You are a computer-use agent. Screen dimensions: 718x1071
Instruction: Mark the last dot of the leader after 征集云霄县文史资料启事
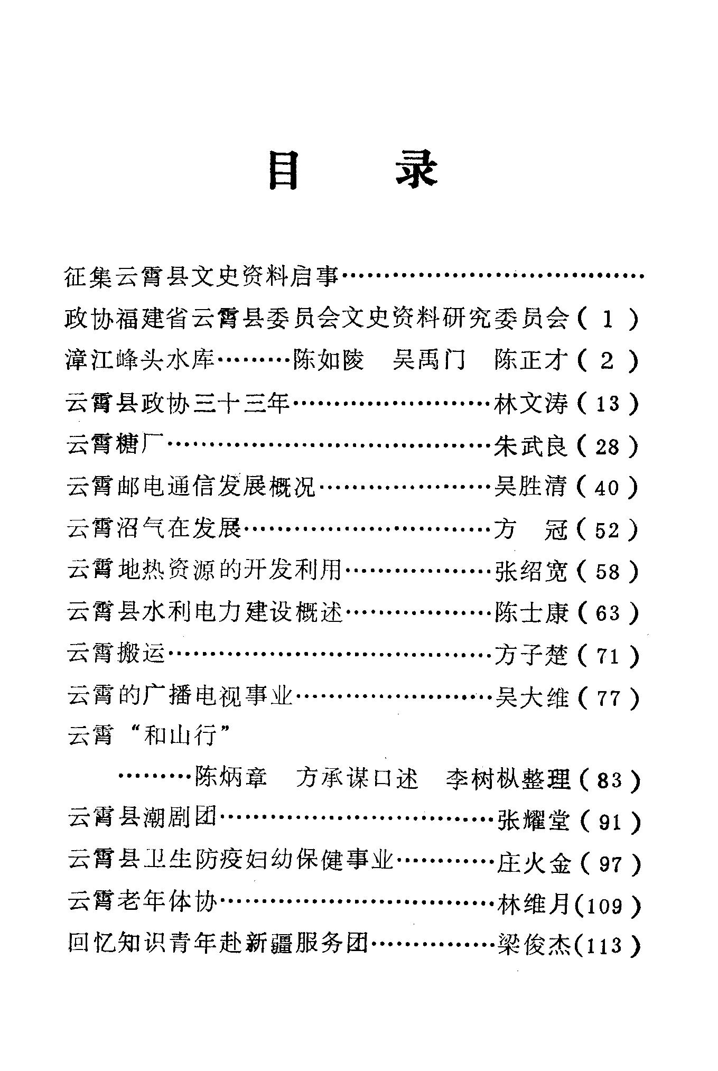coord(641,276)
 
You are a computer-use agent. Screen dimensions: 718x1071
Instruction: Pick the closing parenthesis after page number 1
coord(633,319)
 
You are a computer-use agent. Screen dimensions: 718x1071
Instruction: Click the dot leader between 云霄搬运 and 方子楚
coord(330,656)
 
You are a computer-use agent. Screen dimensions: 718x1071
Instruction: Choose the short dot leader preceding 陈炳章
coord(155,778)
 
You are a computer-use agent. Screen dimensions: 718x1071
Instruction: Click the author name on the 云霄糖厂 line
coord(530,447)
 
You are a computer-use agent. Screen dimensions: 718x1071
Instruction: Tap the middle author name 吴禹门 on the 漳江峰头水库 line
coord(428,361)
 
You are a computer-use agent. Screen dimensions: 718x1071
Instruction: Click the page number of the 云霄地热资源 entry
coord(607,571)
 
